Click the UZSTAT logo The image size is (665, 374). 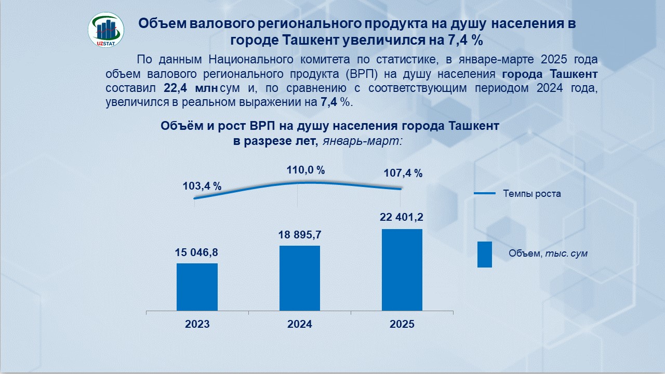(107, 30)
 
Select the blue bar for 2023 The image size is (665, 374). (197, 287)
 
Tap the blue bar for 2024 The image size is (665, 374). (300, 278)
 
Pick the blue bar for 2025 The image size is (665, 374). (402, 270)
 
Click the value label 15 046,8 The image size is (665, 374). (197, 252)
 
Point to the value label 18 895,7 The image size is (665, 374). (300, 235)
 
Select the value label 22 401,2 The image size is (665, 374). (402, 217)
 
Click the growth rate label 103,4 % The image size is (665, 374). (202, 186)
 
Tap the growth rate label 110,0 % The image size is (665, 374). (305, 170)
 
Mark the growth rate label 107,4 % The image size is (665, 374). (403, 173)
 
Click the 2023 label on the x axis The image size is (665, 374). (197, 324)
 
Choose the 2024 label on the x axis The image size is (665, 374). (300, 324)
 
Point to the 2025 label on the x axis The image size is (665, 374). (402, 324)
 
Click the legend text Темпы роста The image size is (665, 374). (532, 194)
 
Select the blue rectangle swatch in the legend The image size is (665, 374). (484, 255)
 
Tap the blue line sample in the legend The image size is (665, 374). (485, 194)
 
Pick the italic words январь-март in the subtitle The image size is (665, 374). (362, 140)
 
